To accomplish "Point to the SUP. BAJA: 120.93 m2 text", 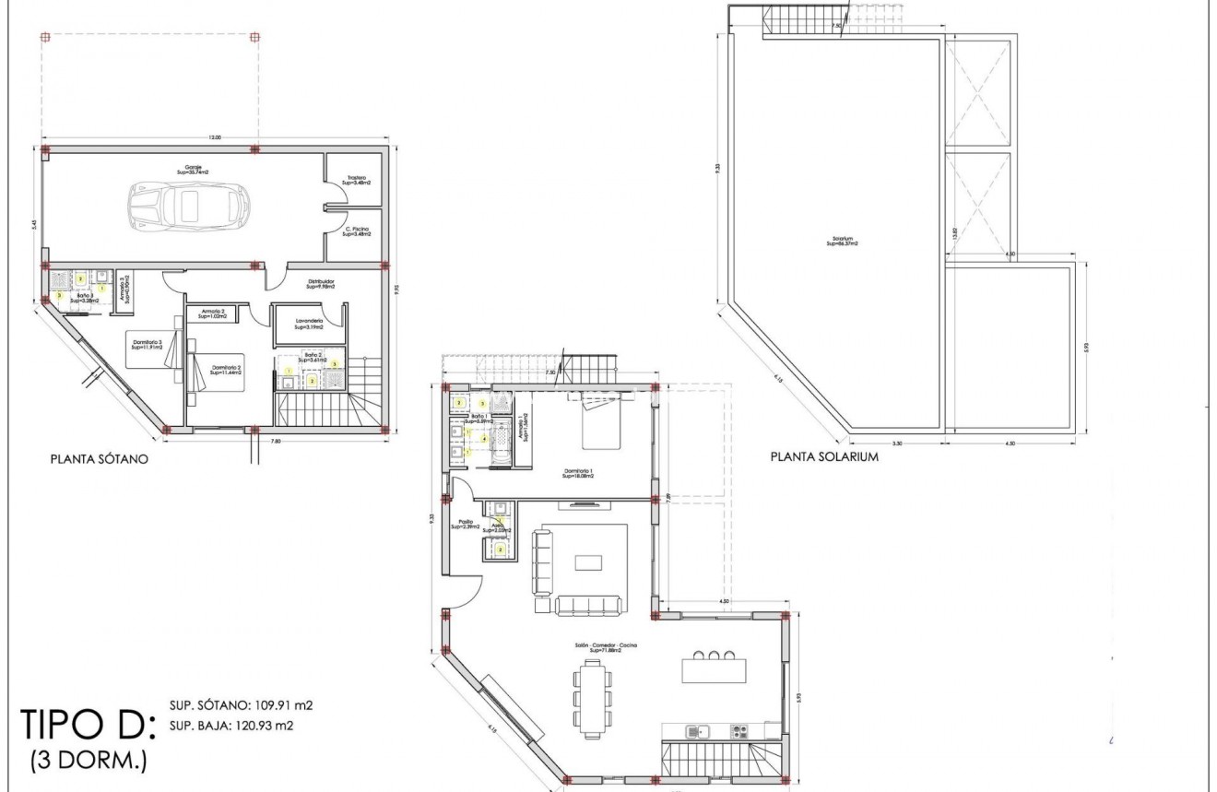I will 231,726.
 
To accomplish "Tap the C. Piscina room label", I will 356,231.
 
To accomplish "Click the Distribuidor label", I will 320,283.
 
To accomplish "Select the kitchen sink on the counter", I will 696,732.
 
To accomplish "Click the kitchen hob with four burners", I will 739,732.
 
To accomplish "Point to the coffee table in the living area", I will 587,562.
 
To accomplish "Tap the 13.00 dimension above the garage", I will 214,138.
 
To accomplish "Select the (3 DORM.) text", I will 88,761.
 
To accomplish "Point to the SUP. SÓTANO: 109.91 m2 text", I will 241,706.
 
